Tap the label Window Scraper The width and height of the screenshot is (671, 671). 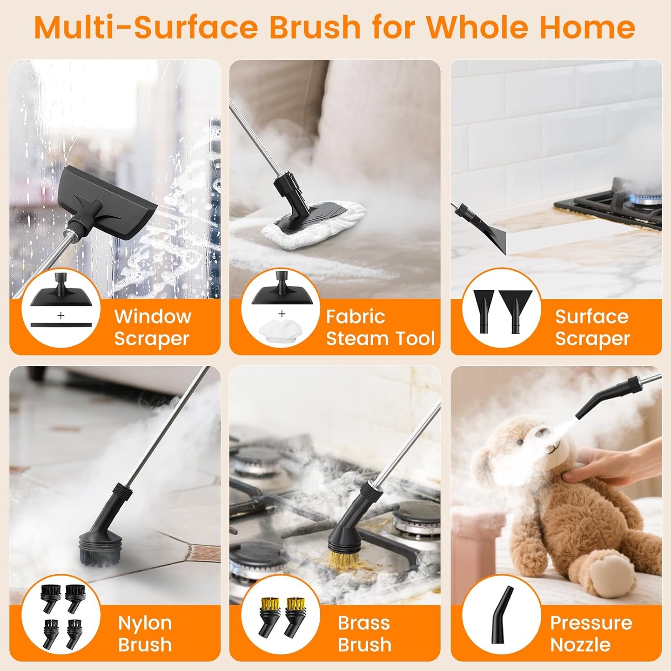[x=153, y=327]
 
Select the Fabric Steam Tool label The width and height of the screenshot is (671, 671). [x=380, y=327]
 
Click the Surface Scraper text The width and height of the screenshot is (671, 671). [x=592, y=327]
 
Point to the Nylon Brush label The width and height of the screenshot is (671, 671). [x=144, y=633]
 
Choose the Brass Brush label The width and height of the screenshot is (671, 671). [x=364, y=633]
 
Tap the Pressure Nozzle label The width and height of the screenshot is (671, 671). [x=591, y=633]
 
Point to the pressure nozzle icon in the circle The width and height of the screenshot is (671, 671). [x=501, y=622]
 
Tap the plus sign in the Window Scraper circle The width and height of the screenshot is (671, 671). [x=61, y=315]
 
